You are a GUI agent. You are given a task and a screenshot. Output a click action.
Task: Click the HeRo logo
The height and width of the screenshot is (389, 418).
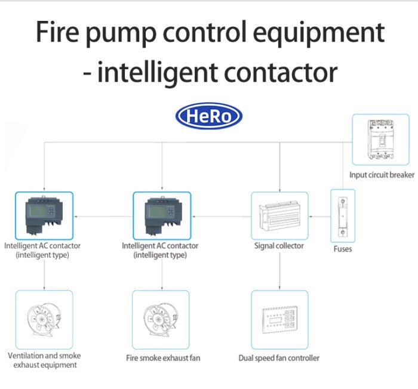[x=209, y=116]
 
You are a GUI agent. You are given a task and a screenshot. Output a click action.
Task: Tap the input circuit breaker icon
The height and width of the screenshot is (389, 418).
[x=380, y=140]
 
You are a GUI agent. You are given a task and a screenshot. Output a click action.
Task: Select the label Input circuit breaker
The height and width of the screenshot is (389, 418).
[x=382, y=175]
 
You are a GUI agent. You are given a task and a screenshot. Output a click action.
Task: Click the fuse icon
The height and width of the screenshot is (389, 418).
[x=343, y=216]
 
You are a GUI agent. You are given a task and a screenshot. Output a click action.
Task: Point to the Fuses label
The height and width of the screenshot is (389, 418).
[x=343, y=249]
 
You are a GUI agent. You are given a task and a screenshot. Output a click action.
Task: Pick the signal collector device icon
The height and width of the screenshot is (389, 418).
[x=279, y=215]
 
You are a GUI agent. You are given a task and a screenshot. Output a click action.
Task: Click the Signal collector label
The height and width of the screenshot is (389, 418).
[x=279, y=246]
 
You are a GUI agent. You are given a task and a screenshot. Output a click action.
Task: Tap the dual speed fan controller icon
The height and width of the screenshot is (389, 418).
[x=279, y=319]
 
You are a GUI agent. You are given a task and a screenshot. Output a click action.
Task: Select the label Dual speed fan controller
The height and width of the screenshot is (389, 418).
[x=279, y=358]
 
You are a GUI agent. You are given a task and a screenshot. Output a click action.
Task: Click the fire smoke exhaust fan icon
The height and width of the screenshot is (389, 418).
[x=161, y=319]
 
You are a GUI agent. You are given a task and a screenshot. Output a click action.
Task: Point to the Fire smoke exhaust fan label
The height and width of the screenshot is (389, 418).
[x=163, y=358]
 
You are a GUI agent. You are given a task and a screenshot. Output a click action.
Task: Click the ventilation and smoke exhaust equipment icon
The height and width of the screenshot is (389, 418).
[x=44, y=319]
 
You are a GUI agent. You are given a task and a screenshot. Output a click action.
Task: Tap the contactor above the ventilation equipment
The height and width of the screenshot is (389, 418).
[x=44, y=215]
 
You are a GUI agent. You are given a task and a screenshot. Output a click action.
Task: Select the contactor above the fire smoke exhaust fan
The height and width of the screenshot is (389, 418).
[x=162, y=215]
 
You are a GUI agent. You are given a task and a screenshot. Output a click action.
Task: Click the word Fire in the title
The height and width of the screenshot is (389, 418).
[x=57, y=32]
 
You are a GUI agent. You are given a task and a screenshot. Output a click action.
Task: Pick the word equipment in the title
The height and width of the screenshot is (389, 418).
[x=318, y=34]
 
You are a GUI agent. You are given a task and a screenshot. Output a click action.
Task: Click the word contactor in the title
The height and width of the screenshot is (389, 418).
[x=281, y=72]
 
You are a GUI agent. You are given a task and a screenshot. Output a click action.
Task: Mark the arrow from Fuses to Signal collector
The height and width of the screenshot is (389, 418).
[x=319, y=217]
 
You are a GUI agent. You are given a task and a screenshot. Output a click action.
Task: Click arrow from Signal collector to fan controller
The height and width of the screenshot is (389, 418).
[x=279, y=271]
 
